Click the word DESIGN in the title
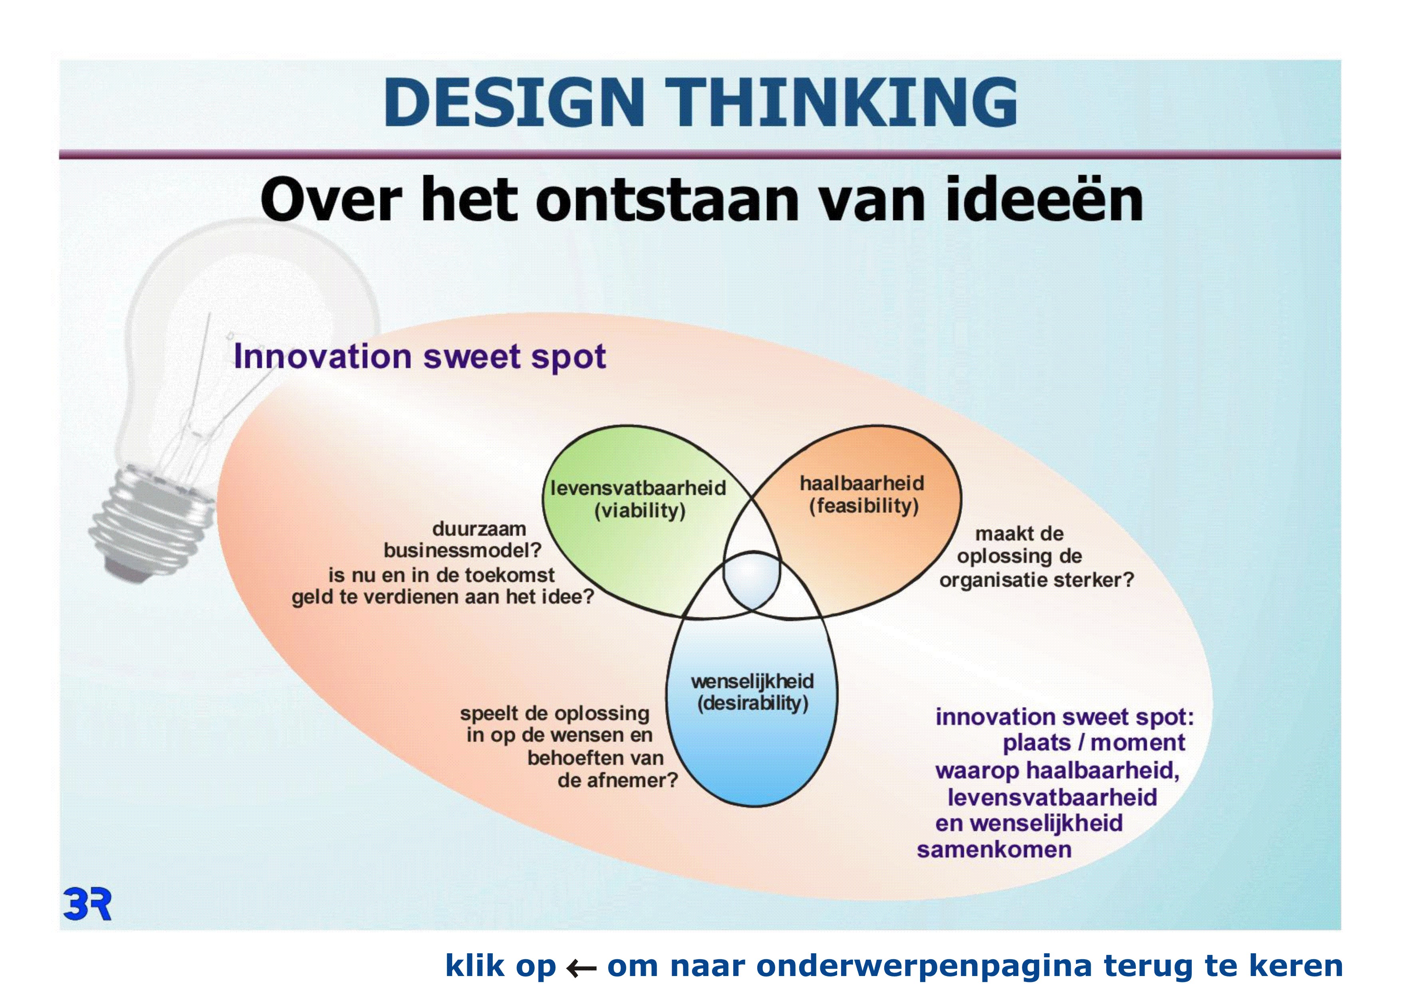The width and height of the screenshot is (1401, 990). (x=514, y=103)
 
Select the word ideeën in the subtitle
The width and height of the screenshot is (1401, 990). (x=1044, y=198)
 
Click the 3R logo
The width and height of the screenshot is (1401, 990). (x=87, y=905)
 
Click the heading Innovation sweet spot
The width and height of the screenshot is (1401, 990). (x=420, y=356)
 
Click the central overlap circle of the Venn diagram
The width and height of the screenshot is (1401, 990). (x=752, y=580)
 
